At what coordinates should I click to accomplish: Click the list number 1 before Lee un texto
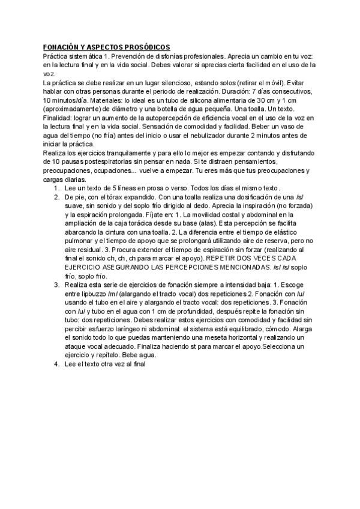(x=56, y=188)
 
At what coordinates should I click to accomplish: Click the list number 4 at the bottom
(x=56, y=364)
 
